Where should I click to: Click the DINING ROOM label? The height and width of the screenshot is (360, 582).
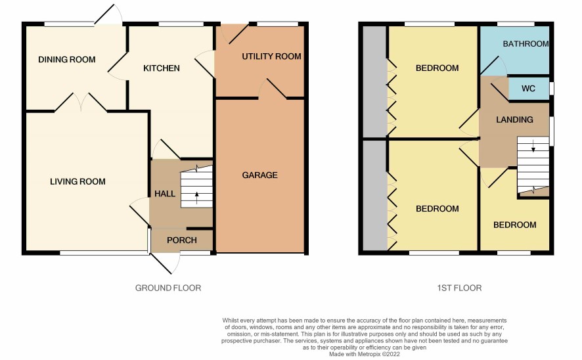pos(67,59)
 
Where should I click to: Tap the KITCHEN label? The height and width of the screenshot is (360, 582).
pos(162,68)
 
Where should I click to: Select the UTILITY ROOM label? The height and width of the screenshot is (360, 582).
pos(271,56)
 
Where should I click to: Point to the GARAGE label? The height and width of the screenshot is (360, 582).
pos(260,175)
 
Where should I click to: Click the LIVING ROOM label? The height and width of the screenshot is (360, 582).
pos(78,181)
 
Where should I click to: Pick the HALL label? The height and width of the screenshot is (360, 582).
pos(165,194)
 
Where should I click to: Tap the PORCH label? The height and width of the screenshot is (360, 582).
pos(182,240)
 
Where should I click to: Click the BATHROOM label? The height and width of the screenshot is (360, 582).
pos(526,44)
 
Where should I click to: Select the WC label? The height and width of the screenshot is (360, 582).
pos(528,89)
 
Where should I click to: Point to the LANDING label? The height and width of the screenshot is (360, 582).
pos(514,120)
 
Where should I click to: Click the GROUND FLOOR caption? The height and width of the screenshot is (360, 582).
pos(168,288)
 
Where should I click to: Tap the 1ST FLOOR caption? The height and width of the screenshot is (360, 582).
pos(460,288)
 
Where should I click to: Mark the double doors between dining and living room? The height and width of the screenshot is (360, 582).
pos(81,102)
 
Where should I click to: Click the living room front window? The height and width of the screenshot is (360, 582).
pos(104,253)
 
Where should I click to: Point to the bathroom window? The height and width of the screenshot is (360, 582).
pos(516,24)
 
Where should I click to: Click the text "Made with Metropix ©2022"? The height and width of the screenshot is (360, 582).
pos(365,355)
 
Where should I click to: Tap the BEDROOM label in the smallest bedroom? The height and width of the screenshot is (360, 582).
pos(515,225)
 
